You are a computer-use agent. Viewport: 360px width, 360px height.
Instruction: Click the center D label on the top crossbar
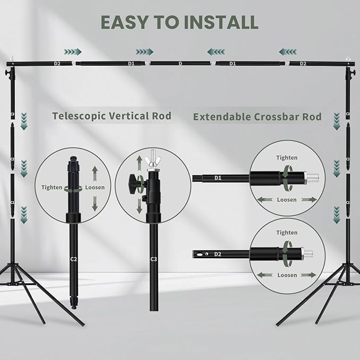click(180, 64)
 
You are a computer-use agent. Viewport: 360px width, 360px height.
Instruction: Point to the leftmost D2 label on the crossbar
click(57, 64)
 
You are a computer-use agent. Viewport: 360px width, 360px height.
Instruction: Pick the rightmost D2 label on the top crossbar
click(303, 64)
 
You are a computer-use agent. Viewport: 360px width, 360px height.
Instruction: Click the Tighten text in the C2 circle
click(52, 187)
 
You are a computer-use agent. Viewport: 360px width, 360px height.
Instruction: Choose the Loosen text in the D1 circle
click(286, 200)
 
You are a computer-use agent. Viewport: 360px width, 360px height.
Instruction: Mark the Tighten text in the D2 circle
click(286, 233)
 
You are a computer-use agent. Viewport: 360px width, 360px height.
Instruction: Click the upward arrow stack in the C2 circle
click(94, 172)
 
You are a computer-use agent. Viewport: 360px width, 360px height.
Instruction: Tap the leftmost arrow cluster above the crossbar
click(73, 51)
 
